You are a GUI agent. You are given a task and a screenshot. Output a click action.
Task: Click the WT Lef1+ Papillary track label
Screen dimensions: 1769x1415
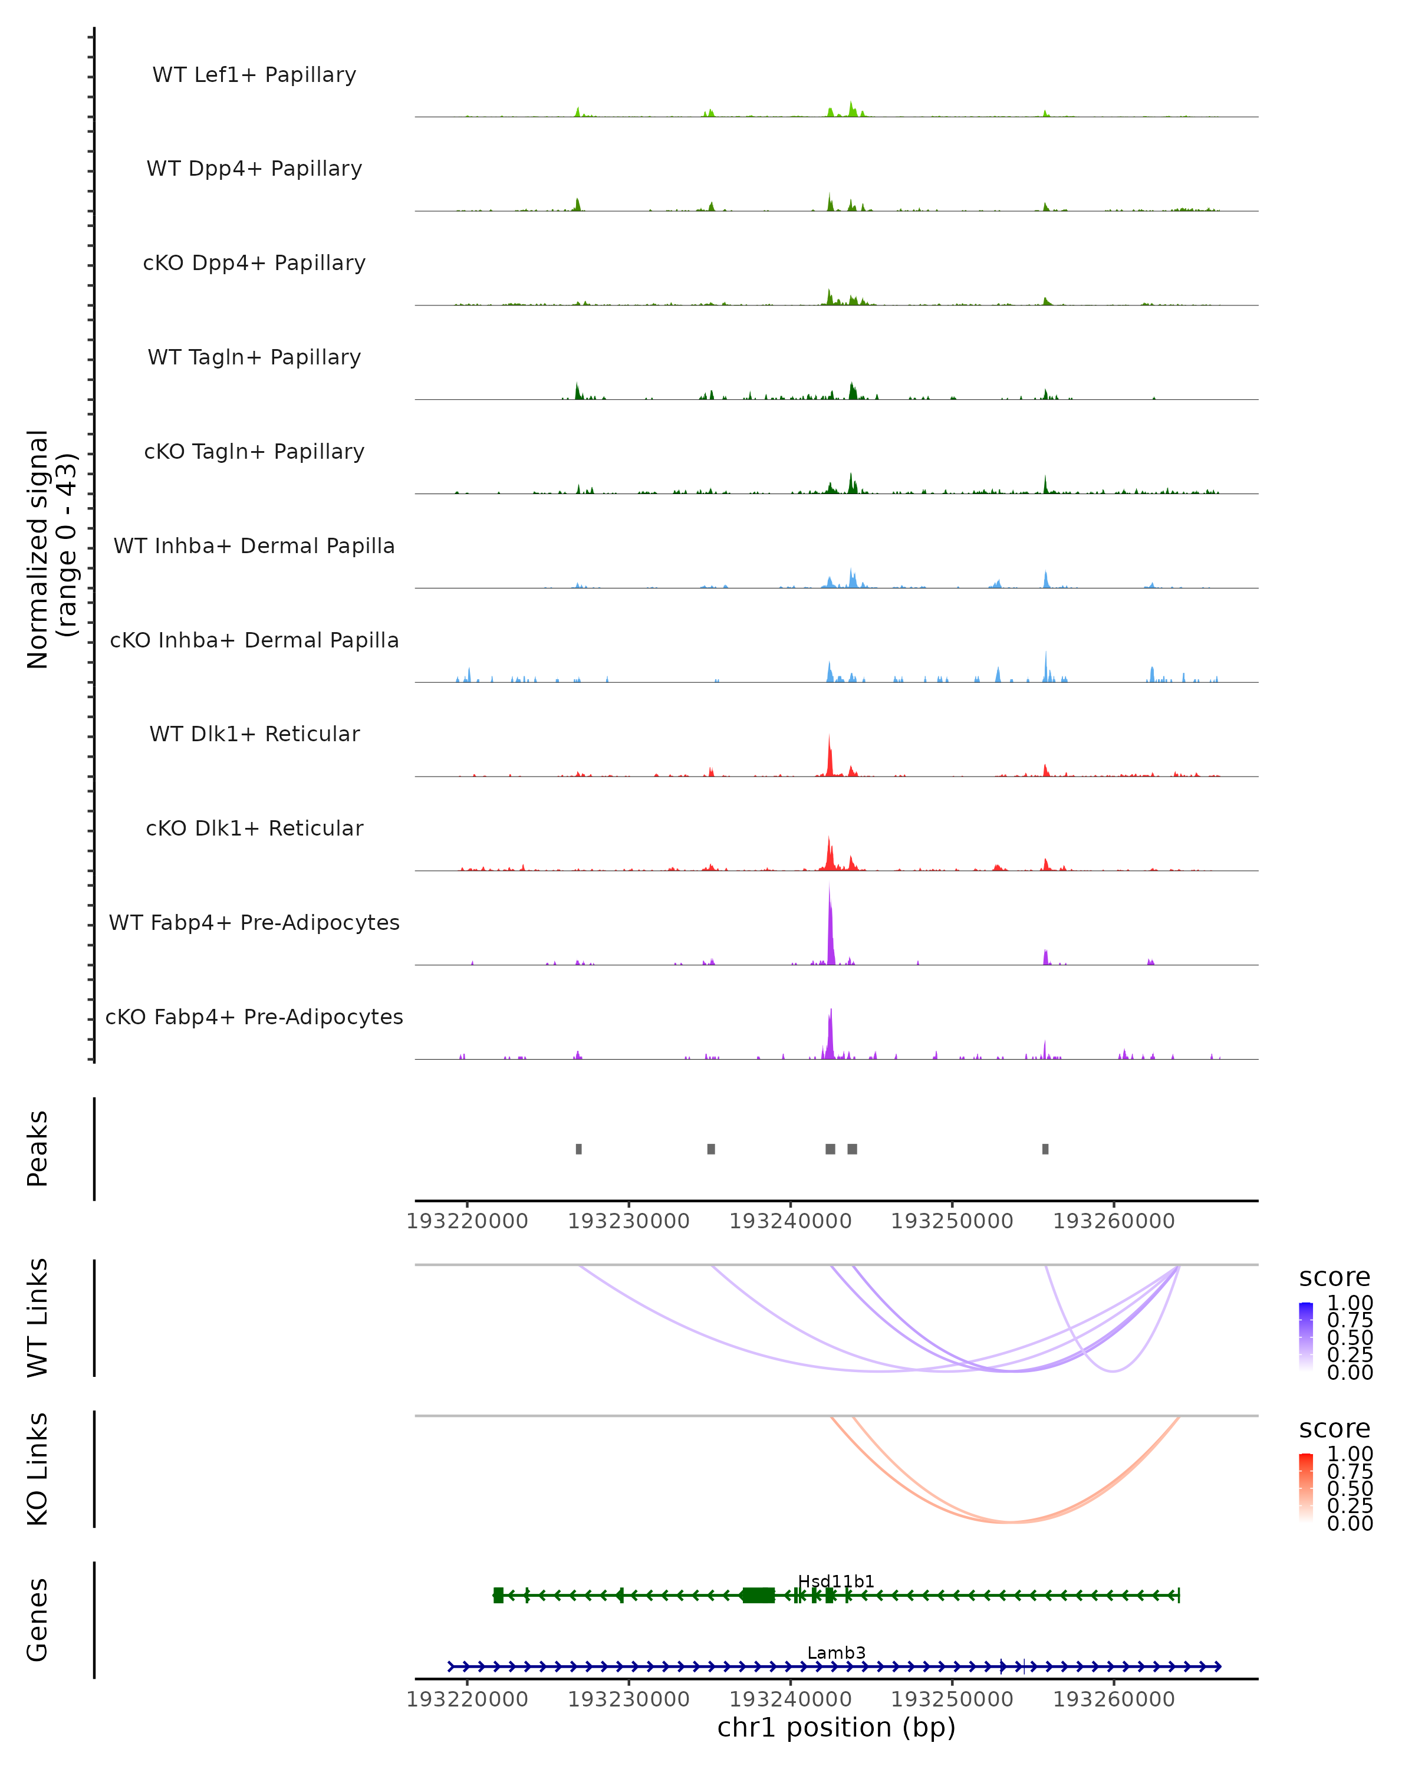254,75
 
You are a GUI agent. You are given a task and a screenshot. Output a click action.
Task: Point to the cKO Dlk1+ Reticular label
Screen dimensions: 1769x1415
254,828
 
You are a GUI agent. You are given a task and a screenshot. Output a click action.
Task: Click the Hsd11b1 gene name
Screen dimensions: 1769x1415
836,1581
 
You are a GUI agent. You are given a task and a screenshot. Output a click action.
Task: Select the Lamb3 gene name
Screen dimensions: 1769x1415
836,1652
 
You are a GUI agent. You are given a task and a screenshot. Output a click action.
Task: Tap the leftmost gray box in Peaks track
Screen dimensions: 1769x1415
579,1149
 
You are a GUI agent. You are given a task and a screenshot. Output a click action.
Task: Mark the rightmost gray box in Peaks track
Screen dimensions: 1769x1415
1045,1149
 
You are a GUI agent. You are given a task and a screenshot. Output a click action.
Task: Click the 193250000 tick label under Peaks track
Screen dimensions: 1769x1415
952,1221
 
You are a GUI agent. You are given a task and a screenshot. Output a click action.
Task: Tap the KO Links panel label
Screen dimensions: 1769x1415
38,1469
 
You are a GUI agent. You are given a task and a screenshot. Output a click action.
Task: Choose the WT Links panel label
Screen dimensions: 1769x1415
38,1318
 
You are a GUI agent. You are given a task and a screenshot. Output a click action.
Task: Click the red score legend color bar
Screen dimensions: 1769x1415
1306,1488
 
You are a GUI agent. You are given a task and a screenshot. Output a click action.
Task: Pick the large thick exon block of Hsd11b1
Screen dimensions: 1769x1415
759,1595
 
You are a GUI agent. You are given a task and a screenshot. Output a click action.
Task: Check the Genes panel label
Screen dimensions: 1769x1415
38,1620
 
